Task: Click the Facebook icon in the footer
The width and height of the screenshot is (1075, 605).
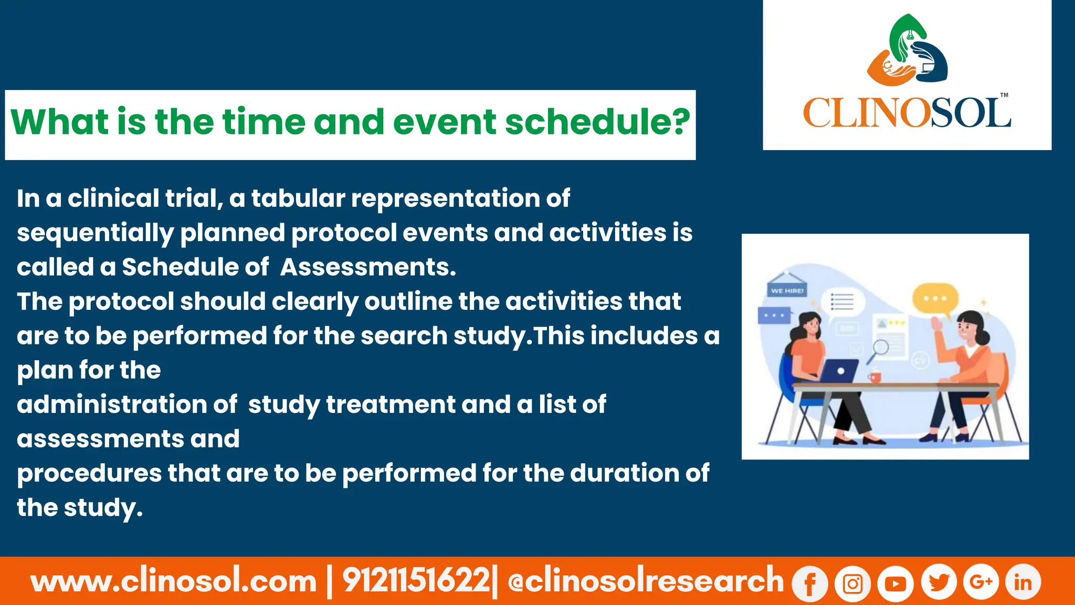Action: pos(810,583)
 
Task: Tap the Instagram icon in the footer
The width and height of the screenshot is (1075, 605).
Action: pos(852,583)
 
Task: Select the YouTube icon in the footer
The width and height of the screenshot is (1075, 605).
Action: pos(895,583)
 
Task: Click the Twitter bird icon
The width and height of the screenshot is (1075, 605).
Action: pos(939,582)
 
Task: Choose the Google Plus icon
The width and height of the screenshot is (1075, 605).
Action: pos(981,581)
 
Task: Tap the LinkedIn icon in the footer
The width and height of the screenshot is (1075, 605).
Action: pos(1023,582)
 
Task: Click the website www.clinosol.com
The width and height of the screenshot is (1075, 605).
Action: pos(174,581)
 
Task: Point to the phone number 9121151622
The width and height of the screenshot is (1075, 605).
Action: pos(416,581)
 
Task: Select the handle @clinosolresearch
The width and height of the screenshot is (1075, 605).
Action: pos(645,581)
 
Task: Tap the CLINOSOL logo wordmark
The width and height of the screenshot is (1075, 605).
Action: pos(907,113)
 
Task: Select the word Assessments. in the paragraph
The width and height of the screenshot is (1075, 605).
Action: pos(367,267)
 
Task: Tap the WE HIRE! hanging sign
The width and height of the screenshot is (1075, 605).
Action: pos(787,290)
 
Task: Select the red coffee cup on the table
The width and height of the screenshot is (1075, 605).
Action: pos(874,377)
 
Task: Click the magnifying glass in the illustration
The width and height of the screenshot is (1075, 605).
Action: pos(879,350)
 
